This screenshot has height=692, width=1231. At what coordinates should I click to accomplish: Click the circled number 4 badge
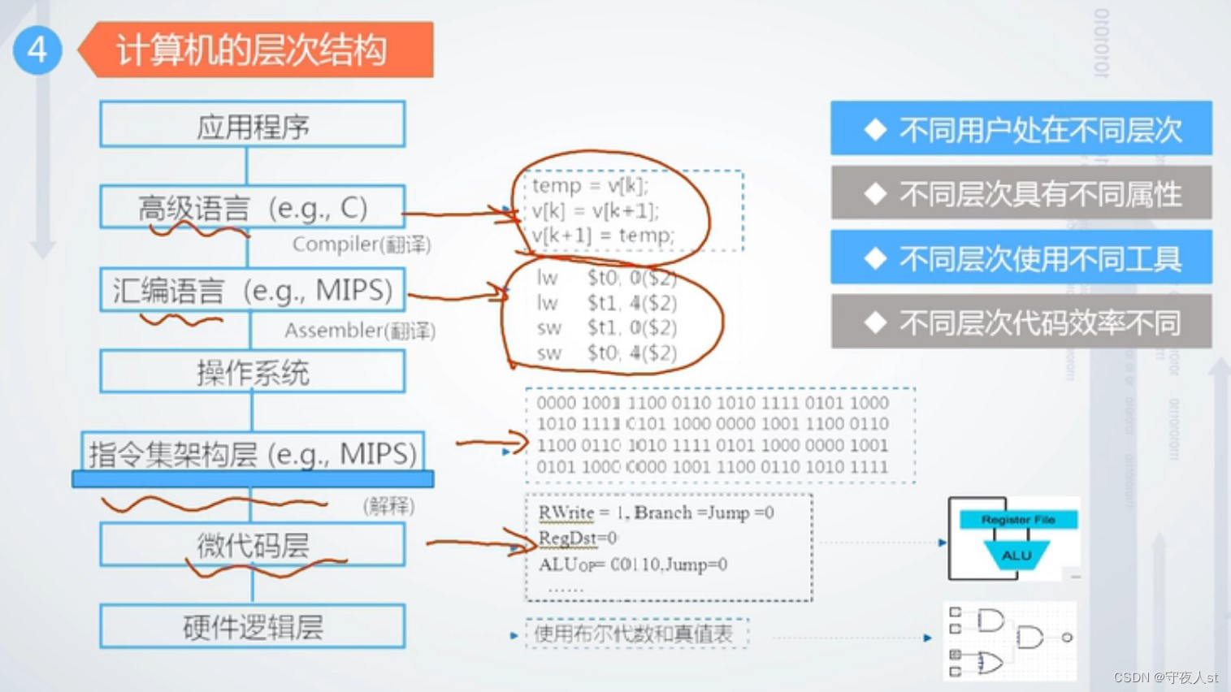[37, 50]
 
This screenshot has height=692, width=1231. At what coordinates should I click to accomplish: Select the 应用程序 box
[253, 125]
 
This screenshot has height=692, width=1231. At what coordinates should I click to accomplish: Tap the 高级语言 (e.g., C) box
[253, 208]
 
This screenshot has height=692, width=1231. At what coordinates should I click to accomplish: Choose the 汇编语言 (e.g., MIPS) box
[253, 290]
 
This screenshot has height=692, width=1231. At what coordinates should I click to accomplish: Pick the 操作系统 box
[253, 373]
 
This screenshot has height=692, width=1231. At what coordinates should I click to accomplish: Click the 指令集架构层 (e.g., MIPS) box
[253, 453]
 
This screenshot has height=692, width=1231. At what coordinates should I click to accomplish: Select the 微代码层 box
[253, 545]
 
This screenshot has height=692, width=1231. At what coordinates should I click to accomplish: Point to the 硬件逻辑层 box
[253, 626]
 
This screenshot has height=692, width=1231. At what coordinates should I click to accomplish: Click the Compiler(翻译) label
[362, 244]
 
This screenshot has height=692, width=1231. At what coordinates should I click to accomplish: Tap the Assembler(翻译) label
[360, 331]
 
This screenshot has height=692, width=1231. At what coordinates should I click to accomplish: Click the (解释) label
[388, 506]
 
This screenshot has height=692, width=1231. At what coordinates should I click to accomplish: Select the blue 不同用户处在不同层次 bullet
[1021, 129]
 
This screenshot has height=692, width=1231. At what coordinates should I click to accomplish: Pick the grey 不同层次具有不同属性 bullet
[1021, 193]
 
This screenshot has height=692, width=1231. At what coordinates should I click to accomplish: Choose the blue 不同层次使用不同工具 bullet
[1021, 258]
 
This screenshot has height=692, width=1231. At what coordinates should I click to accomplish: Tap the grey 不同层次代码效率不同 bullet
[1021, 322]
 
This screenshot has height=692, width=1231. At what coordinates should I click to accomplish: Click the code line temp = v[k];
[591, 186]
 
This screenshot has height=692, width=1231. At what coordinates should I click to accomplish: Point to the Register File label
[1018, 520]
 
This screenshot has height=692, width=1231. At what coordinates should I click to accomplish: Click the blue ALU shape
[1016, 556]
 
